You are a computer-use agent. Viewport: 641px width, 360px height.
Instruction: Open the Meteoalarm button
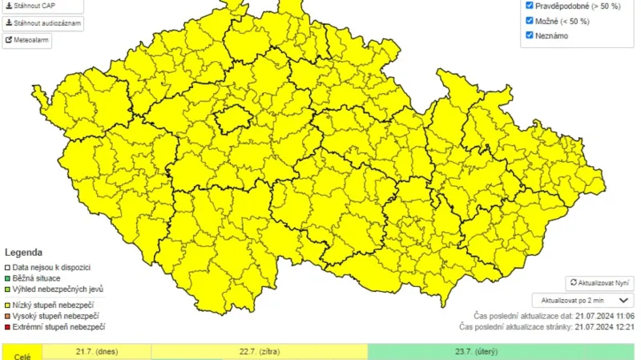(x=27, y=40)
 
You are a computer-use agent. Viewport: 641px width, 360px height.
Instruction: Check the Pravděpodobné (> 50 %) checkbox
(x=530, y=5)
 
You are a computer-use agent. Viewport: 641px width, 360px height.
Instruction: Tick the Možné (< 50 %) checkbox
(x=530, y=20)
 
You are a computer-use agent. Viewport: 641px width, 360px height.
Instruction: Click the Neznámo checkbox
(x=530, y=35)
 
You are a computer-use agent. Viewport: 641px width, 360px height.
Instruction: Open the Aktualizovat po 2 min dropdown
(x=583, y=300)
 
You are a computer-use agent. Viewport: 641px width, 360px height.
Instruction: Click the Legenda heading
(x=24, y=251)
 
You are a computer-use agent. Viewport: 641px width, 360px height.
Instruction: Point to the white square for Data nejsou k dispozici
(x=8, y=267)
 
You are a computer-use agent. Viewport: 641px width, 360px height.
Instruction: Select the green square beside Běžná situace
(x=8, y=278)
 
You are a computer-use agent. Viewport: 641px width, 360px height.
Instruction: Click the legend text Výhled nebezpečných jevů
(x=58, y=289)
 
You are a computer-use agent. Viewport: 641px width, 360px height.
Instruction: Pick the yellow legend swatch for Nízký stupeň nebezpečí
(x=8, y=305)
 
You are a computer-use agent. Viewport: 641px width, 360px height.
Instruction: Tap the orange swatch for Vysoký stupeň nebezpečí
(x=8, y=316)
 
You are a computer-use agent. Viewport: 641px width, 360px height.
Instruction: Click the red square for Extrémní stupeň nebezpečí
(x=8, y=327)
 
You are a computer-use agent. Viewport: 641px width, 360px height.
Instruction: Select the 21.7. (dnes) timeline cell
(x=96, y=351)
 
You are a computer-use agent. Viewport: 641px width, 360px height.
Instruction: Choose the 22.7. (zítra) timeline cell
(x=259, y=351)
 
